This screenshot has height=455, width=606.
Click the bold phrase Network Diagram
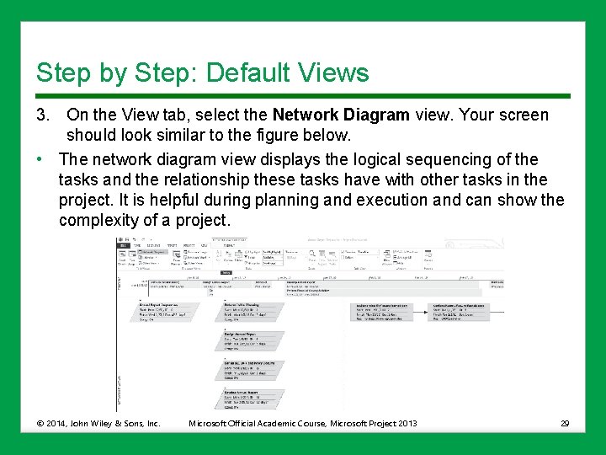340,115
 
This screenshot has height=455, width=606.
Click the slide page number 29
565,423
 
